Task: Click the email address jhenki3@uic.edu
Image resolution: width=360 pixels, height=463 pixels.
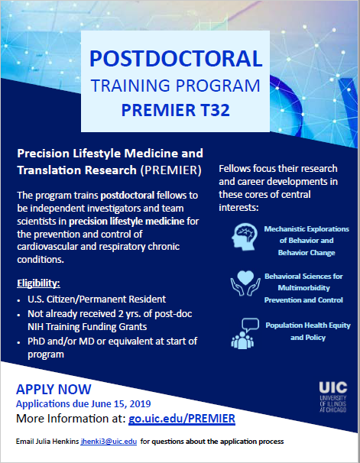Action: (111, 442)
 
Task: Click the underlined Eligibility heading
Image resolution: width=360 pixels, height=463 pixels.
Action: (39, 283)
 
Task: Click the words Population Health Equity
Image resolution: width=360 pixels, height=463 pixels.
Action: (304, 325)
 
